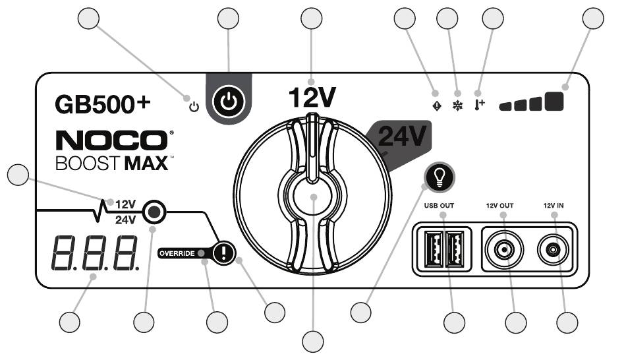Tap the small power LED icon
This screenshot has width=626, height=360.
coord(193,105)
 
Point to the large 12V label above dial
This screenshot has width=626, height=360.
coord(312,98)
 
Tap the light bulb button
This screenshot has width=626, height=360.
coord(440,175)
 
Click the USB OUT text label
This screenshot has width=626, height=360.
coord(440,206)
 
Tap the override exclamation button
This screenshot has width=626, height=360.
coord(224,253)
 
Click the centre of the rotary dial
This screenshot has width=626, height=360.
coord(312,198)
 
